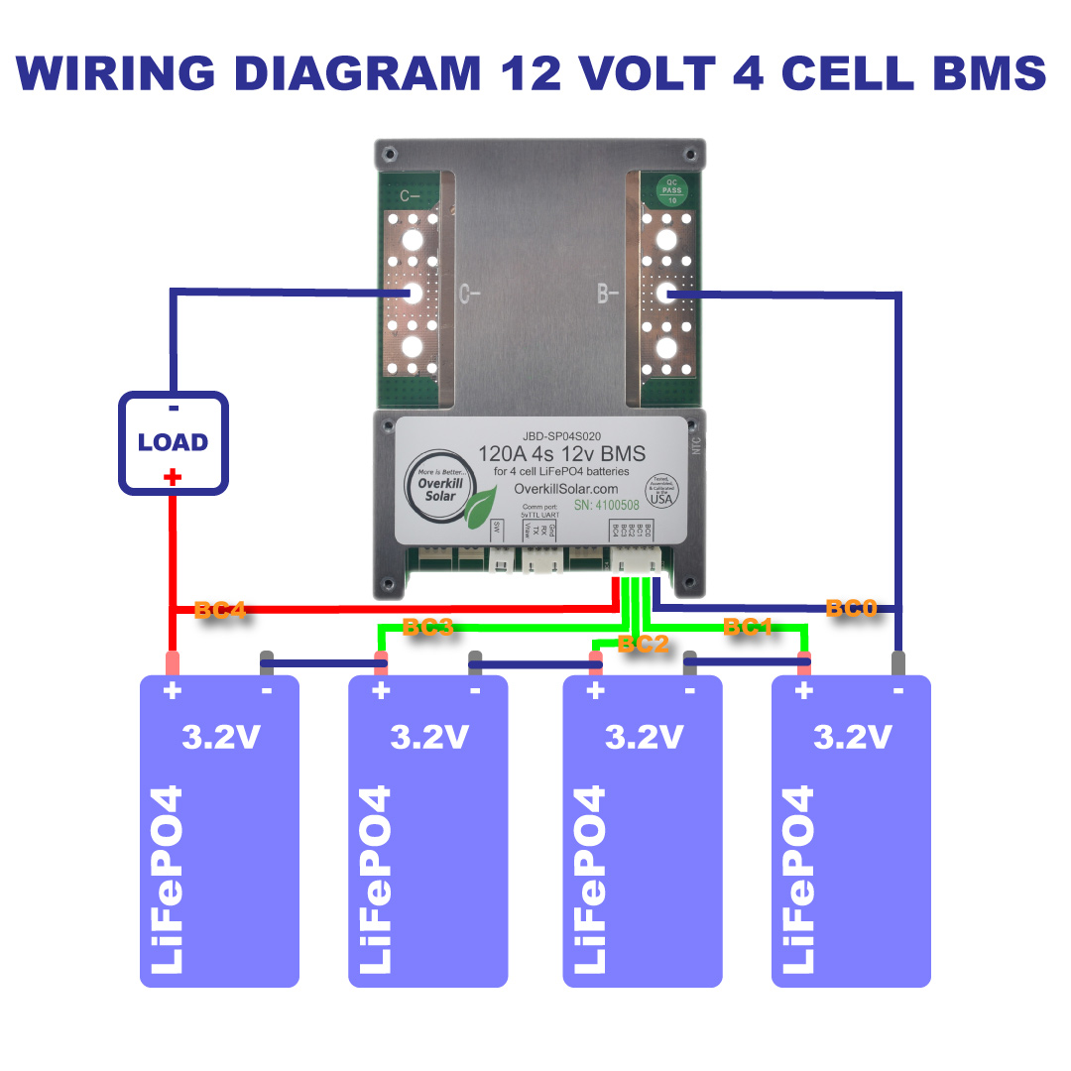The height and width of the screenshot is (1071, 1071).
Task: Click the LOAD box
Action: (174, 442)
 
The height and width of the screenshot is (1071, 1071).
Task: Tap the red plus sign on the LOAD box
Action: (173, 478)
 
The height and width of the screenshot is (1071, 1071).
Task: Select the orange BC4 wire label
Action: (219, 610)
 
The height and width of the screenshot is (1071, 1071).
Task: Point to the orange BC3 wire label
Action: (427, 627)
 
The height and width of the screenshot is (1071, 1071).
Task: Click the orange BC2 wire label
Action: (643, 644)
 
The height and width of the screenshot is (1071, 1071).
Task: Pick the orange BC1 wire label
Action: (748, 627)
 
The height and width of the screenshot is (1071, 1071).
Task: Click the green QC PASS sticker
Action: (671, 187)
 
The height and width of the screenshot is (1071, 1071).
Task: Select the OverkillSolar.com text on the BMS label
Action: (567, 489)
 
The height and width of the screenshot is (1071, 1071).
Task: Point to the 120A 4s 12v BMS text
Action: (561, 454)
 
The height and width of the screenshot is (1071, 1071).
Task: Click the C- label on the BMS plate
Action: (470, 293)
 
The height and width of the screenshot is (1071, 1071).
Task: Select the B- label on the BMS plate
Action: (608, 293)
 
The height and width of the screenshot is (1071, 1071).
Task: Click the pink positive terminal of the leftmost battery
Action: (173, 662)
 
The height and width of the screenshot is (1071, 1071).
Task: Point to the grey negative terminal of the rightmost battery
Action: (898, 662)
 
